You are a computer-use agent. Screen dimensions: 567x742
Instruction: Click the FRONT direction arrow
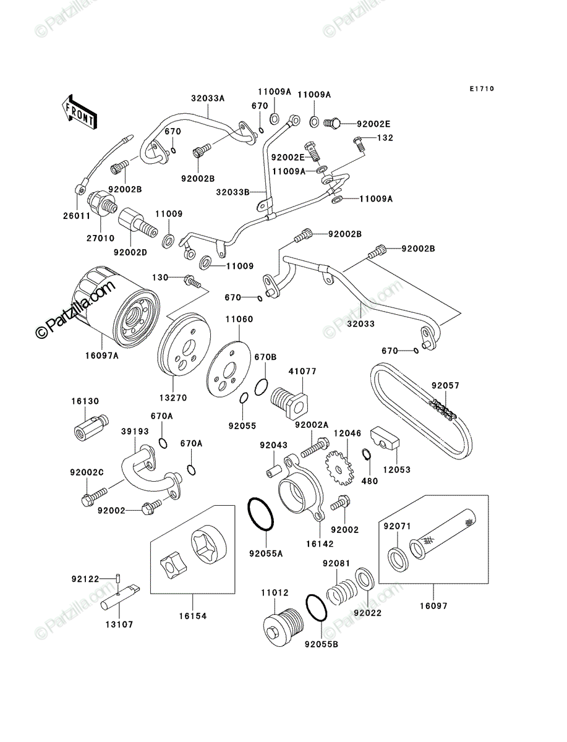[79, 112]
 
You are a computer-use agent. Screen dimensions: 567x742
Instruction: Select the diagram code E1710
[482, 88]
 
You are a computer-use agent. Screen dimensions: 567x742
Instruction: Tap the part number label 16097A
[102, 356]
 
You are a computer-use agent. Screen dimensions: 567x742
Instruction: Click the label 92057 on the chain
[445, 386]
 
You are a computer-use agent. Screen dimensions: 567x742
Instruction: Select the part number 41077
[302, 371]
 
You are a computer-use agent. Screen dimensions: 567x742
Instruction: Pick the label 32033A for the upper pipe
[208, 98]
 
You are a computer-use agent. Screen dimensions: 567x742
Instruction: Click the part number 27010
[101, 238]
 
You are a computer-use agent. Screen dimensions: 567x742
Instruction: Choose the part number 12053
[397, 469]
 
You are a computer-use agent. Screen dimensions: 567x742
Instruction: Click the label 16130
[85, 401]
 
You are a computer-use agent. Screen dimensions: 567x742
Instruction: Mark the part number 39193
[135, 432]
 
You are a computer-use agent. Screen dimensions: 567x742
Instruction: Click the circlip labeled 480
[367, 454]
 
